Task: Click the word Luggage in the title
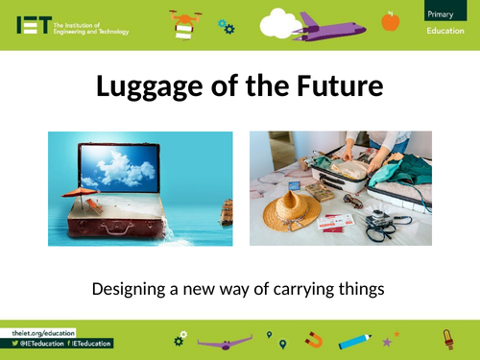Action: coord(144,87)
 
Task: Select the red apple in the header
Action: coord(390,19)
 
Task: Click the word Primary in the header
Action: coord(443,12)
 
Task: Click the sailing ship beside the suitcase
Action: coord(226,210)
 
